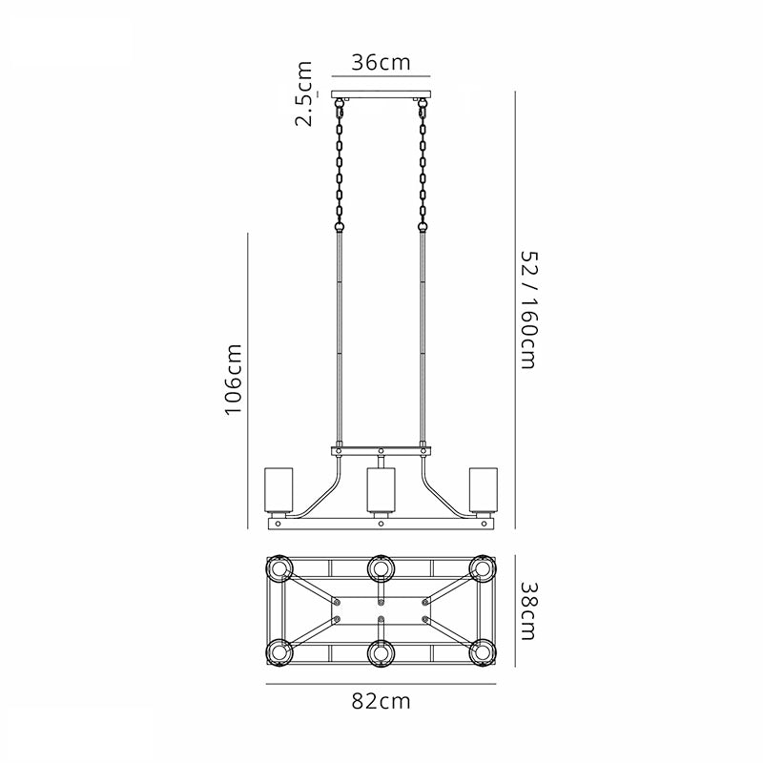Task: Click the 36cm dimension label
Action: coord(381,63)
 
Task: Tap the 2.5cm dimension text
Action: coord(303,93)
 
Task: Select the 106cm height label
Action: coord(233,380)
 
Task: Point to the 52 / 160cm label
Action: coord(529,310)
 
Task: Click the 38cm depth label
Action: coord(529,611)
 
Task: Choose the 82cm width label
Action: coord(381,701)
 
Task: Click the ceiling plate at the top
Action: coord(381,94)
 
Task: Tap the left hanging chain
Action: coord(340,165)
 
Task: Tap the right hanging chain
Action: coord(423,165)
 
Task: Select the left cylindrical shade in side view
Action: coord(278,490)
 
